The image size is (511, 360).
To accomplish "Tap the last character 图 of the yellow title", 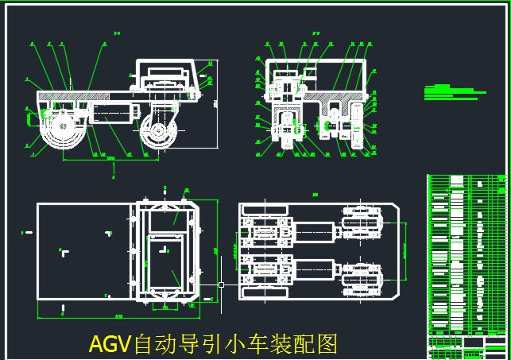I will [327, 345].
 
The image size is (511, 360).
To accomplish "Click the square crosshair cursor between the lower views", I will [221, 284].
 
